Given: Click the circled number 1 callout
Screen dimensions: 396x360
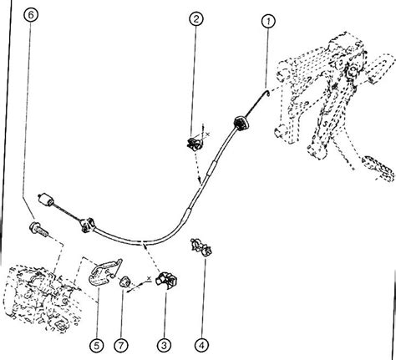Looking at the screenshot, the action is [x=268, y=22].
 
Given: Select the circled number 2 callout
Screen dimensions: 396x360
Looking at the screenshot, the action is [x=196, y=19].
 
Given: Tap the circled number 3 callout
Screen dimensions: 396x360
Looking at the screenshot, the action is [x=164, y=345].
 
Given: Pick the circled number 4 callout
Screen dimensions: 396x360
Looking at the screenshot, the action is [x=201, y=345].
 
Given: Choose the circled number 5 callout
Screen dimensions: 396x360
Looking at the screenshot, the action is [x=97, y=346].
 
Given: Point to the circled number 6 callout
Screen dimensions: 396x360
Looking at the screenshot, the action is [x=31, y=15].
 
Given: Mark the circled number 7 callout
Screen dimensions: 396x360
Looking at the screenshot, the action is [x=121, y=346].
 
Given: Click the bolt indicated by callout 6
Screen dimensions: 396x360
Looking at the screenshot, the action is [x=38, y=229].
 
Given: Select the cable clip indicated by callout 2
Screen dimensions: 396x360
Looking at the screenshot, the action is [x=195, y=143].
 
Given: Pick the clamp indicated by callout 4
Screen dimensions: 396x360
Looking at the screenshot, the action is [x=201, y=247].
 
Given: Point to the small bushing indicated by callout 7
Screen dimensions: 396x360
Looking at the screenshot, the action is [x=125, y=281].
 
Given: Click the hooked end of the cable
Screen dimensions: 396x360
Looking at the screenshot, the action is [x=267, y=94].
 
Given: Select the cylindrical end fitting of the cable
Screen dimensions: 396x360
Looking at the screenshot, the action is [x=46, y=200].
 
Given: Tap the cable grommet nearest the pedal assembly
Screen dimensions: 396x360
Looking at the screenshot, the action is [x=241, y=123].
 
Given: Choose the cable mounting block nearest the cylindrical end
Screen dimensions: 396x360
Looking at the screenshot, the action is [x=88, y=224].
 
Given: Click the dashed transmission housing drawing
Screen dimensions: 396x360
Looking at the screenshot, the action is [x=44, y=298].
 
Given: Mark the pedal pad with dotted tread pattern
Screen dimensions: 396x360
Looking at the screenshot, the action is [x=378, y=168].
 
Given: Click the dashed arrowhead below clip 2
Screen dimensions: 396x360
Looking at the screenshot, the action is [x=200, y=179].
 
